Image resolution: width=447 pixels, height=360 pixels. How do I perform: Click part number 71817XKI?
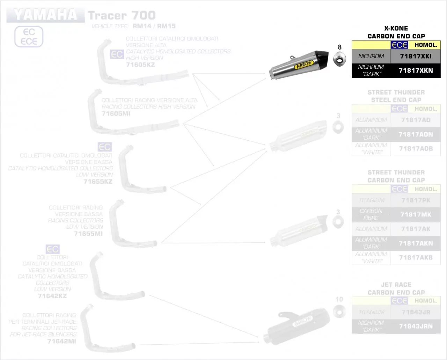click(416, 56)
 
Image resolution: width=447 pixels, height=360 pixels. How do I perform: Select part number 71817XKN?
click(416, 71)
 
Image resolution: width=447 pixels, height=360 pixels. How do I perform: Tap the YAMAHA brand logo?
click(45, 15)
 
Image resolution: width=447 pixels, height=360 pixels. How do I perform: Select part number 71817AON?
click(416, 134)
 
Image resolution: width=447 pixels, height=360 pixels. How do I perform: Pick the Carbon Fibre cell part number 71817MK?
click(416, 215)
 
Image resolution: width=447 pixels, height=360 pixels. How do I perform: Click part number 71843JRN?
click(416, 326)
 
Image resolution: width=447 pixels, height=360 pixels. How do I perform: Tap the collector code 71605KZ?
click(140, 65)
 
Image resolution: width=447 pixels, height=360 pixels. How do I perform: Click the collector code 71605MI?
click(116, 113)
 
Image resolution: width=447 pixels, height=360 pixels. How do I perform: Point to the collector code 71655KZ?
click(98, 182)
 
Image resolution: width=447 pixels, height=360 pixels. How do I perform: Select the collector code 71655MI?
click(88, 233)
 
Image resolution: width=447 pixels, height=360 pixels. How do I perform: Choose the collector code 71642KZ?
click(52, 296)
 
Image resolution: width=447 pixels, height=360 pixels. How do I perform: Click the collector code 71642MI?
click(61, 341)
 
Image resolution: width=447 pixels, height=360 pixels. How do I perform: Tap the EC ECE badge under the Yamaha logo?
click(29, 37)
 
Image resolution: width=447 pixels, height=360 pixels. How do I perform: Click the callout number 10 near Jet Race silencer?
click(339, 299)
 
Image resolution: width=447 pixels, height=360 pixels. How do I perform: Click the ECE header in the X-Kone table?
click(400, 45)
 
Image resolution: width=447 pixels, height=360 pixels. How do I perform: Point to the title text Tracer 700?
click(122, 15)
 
